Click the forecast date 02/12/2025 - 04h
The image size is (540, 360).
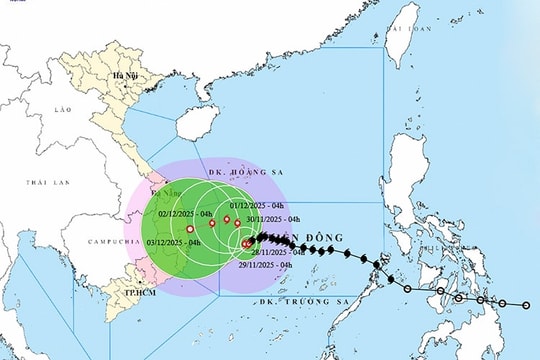[x=177, y=212]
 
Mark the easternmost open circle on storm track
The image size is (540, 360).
[x=527, y=305]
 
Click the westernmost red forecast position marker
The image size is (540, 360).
[x=190, y=230]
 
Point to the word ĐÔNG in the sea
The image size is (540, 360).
[x=306, y=237]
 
